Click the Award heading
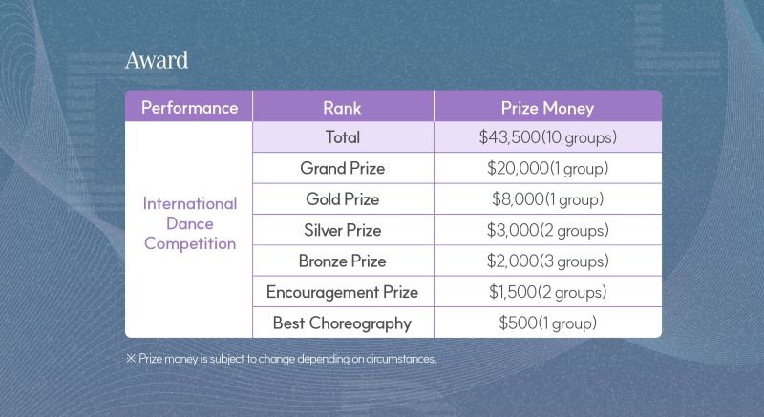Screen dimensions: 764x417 [x=157, y=60]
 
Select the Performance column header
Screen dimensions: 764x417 [x=189, y=108]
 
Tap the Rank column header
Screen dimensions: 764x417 [x=343, y=108]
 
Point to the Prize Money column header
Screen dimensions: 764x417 [x=547, y=108]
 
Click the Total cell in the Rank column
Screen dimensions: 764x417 [x=343, y=137]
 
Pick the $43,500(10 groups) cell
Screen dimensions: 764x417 [x=547, y=137]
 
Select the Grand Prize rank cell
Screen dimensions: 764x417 [x=343, y=168]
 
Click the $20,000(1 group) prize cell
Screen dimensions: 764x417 [x=547, y=168]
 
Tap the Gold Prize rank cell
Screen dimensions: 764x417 [x=343, y=199]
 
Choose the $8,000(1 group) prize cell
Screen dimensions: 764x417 [x=547, y=199]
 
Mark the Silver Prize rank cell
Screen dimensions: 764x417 [x=343, y=230]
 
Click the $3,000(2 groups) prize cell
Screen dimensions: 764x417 [x=547, y=230]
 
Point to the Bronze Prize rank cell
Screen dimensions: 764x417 [x=343, y=261]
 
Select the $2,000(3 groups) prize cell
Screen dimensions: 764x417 [x=547, y=261]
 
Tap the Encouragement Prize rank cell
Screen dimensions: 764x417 [x=343, y=292]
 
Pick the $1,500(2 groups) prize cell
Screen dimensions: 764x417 [x=547, y=292]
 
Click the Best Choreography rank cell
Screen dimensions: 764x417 [x=343, y=323]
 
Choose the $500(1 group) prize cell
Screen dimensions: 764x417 [x=547, y=323]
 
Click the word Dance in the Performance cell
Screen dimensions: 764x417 [x=189, y=224]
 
